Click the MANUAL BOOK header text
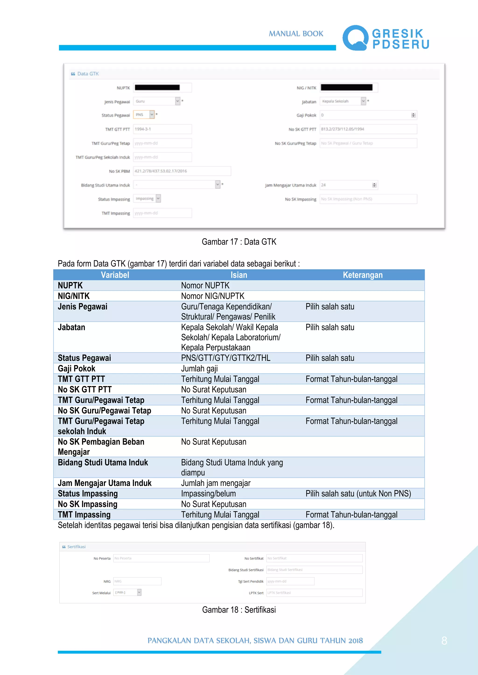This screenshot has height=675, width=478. [x=296, y=34]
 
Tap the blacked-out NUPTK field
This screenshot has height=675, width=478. [x=162, y=88]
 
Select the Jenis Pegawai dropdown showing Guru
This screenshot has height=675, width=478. [x=156, y=101]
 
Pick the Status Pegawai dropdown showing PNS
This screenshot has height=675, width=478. [x=144, y=115]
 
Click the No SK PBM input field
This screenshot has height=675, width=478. [x=182, y=171]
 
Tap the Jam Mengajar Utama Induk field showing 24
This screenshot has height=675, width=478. [x=348, y=185]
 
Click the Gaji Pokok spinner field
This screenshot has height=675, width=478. [x=368, y=115]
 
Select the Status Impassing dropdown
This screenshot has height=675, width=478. [x=147, y=199]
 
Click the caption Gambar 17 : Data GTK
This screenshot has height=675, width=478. [x=239, y=242]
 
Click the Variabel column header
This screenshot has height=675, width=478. [x=115, y=275]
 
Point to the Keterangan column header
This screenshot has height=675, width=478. [x=363, y=275]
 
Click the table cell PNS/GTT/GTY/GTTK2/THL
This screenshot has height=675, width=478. [x=225, y=358]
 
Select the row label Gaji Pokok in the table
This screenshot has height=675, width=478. [x=77, y=368]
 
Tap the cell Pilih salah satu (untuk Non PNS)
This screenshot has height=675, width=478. [x=358, y=494]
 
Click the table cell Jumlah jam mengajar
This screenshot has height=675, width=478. [x=215, y=483]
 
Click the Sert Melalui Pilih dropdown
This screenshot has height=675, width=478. [x=127, y=592]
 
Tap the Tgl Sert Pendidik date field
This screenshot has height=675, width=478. [x=290, y=581]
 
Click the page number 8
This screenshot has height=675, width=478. [x=444, y=641]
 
